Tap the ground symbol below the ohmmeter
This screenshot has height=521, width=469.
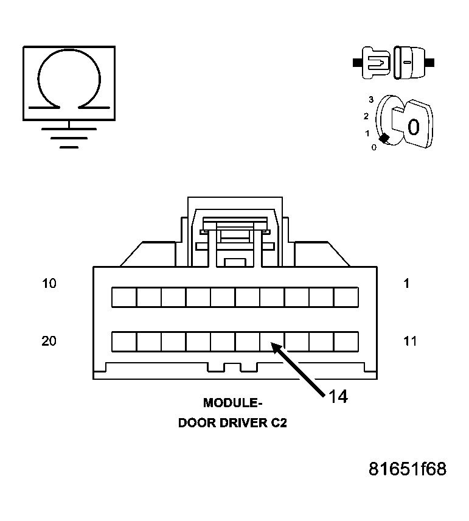[69, 138]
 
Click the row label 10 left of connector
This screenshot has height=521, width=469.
[49, 284]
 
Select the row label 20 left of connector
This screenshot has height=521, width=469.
[49, 341]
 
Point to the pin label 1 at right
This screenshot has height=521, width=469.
[406, 284]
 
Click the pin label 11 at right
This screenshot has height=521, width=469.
[411, 341]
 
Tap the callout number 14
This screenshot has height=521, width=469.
[338, 396]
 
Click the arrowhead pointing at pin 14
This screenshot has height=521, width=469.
[276, 348]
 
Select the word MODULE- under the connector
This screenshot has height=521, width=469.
[232, 403]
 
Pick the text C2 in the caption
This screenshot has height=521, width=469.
[279, 423]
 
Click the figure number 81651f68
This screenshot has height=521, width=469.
[408, 469]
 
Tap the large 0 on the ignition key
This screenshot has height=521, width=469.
[413, 127]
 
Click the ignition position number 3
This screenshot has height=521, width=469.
[370, 99]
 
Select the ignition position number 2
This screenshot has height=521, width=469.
[366, 116]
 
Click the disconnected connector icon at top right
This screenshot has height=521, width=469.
[393, 62]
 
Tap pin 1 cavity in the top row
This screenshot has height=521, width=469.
[346, 297]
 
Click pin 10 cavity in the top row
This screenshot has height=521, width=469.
[124, 297]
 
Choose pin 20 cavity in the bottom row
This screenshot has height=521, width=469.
[124, 341]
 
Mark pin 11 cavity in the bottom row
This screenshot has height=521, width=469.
[346, 341]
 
